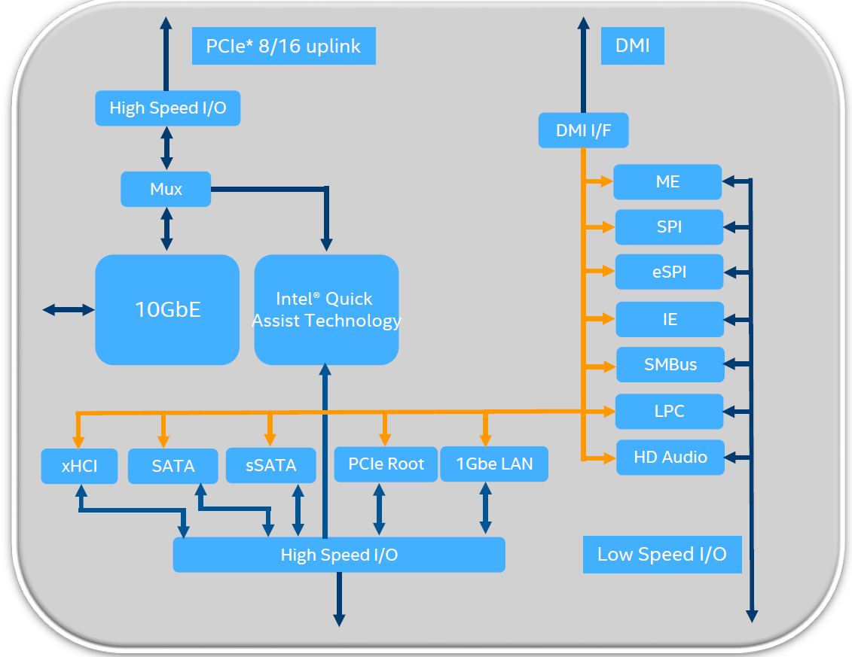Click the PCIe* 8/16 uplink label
click(283, 46)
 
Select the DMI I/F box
click(583, 130)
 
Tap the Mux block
click(166, 189)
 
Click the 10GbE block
click(167, 309)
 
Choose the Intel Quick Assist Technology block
click(326, 309)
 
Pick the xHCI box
click(79, 466)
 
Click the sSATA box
click(271, 465)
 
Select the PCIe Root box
click(386, 464)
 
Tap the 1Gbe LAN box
click(493, 464)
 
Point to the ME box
click(667, 181)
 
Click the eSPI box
click(669, 272)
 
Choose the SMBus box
click(670, 365)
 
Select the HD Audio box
click(670, 457)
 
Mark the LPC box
click(669, 411)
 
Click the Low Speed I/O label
click(661, 555)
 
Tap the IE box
click(669, 319)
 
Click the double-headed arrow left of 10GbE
click(69, 309)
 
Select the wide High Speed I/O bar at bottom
click(339, 555)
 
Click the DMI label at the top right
click(632, 45)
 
